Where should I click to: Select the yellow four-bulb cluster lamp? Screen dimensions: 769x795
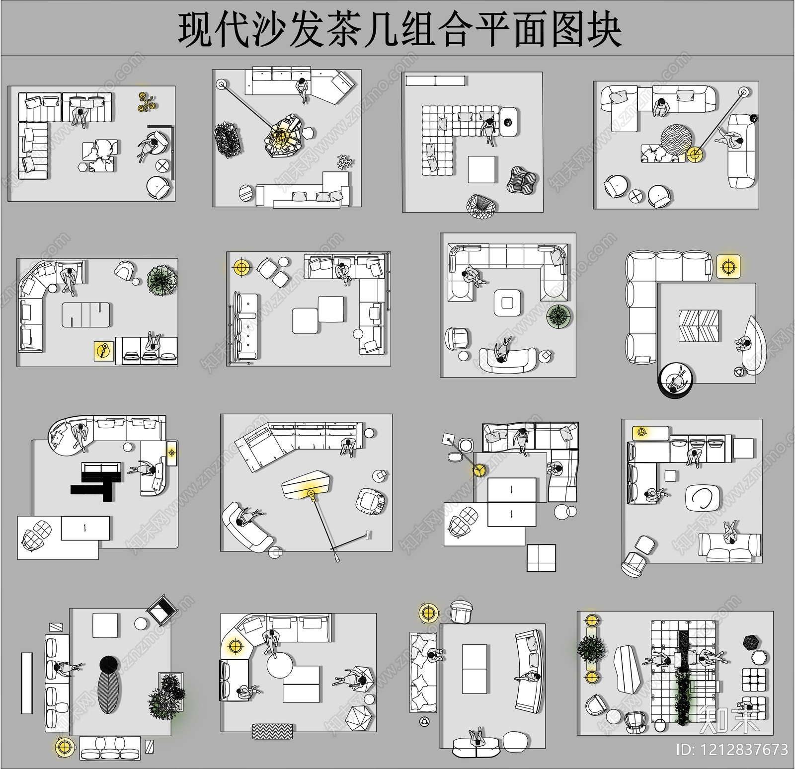click(x=147, y=102)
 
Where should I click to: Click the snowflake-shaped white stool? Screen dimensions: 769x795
click(x=344, y=162)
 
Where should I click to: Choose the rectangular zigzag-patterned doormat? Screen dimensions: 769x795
click(x=273, y=731)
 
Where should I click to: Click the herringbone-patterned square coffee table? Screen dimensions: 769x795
click(x=699, y=325)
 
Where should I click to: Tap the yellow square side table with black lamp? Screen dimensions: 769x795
click(x=103, y=351)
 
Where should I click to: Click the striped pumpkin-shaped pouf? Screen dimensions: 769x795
click(x=522, y=179)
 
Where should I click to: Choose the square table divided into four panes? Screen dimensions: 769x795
click(x=541, y=558)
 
